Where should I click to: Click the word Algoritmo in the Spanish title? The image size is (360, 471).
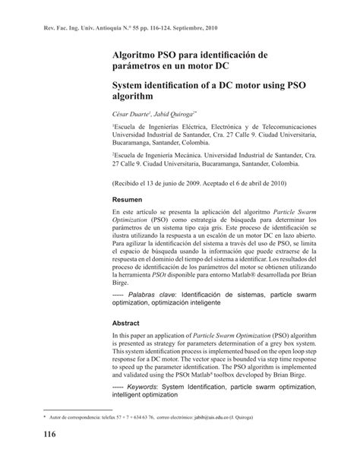point(136,55)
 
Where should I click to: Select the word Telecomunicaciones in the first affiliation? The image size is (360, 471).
point(273,125)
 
